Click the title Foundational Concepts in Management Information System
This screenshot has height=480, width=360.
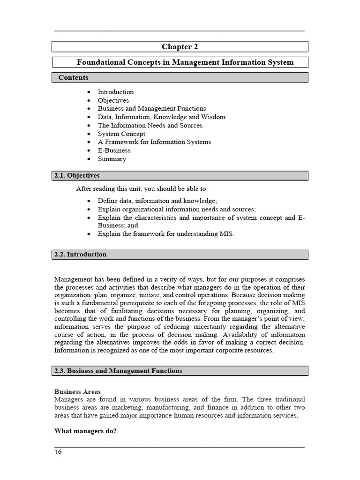(x=185, y=62)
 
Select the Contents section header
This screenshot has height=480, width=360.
(x=73, y=77)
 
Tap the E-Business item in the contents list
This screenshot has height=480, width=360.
(x=114, y=150)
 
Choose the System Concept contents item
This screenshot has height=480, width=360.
(x=121, y=134)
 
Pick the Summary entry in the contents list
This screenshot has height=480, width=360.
(x=112, y=159)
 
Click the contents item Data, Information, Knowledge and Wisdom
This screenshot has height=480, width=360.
(x=161, y=117)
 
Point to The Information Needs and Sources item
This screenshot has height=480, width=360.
(x=150, y=125)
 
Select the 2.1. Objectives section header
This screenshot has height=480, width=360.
(x=77, y=176)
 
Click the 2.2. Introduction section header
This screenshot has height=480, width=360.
(x=80, y=255)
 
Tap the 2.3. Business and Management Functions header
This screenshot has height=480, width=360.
(x=118, y=371)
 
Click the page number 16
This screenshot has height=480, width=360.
(x=58, y=452)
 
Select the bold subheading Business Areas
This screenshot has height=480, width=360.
(x=77, y=391)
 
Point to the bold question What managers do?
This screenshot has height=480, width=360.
(x=85, y=431)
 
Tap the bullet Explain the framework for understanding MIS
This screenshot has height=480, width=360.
(x=165, y=233)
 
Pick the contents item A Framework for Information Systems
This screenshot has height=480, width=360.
(x=154, y=142)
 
